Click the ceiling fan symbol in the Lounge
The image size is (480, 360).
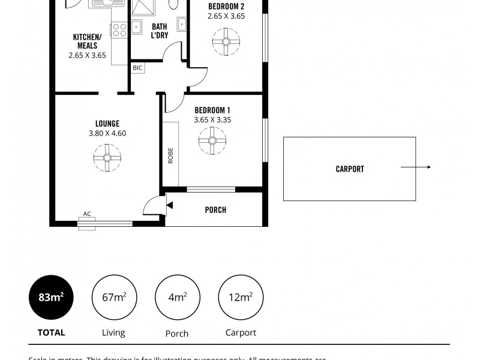pyautogui.click(x=107, y=157)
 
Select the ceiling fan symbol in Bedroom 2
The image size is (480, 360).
pyautogui.click(x=226, y=42)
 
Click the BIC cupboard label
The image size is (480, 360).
pyautogui.click(x=137, y=68)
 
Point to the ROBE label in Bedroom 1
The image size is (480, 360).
pyautogui.click(x=170, y=156)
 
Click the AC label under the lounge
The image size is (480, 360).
pyautogui.click(x=87, y=214)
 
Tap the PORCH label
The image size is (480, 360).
pyautogui.click(x=215, y=210)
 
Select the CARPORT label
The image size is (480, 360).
pyautogui.click(x=350, y=169)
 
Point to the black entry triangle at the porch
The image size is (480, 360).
pyautogui.click(x=169, y=206)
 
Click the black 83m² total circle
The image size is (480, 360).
pyautogui.click(x=52, y=297)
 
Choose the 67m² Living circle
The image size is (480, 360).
pyautogui.click(x=114, y=297)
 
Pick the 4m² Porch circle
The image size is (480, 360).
pyautogui.click(x=176, y=297)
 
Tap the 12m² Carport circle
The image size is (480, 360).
pyautogui.click(x=241, y=297)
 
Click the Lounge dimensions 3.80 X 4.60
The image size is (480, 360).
pyautogui.click(x=107, y=134)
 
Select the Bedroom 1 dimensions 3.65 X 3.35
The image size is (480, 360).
pyautogui.click(x=212, y=119)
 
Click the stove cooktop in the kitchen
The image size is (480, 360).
pyautogui.click(x=119, y=30)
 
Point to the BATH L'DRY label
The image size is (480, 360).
pyautogui.click(x=159, y=31)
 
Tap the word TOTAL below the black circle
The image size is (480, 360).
pyautogui.click(x=51, y=332)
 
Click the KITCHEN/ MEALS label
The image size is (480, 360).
pyautogui.click(x=87, y=41)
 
